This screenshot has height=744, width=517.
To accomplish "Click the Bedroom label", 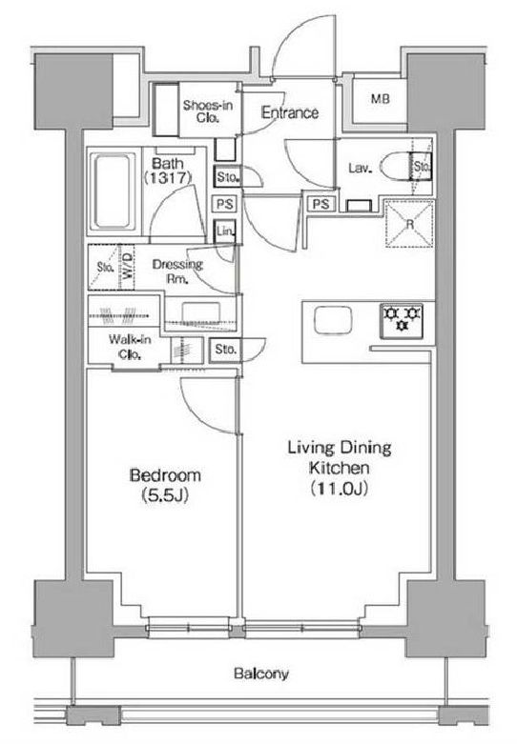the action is [x=165, y=475].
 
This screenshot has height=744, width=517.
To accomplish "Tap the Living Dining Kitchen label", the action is [x=340, y=457].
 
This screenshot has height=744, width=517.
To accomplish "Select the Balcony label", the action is [x=260, y=674].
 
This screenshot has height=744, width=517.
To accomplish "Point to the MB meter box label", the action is [x=381, y=99].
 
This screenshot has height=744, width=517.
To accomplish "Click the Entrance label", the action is [x=290, y=112].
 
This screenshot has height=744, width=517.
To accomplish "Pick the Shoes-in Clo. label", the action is [x=208, y=111].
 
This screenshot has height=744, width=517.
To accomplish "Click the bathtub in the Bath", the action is [x=113, y=192].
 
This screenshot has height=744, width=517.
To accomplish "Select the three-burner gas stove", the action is [x=402, y=321].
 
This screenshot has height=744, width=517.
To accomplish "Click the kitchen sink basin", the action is [x=333, y=320].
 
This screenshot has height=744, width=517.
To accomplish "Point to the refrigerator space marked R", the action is [x=409, y=224].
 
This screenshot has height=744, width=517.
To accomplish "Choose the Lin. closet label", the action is [x=225, y=231].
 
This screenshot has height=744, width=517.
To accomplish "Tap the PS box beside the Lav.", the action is [x=321, y=204].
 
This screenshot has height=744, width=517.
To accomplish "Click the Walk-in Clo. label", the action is [x=130, y=347].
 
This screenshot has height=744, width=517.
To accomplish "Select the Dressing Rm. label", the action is [x=177, y=271].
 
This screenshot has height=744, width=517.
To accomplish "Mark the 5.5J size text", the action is [x=165, y=495].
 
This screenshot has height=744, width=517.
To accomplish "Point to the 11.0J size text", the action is [x=340, y=489].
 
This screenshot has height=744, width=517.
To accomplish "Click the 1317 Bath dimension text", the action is [x=168, y=178].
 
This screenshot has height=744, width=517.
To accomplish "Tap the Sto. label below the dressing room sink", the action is [x=225, y=350].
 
